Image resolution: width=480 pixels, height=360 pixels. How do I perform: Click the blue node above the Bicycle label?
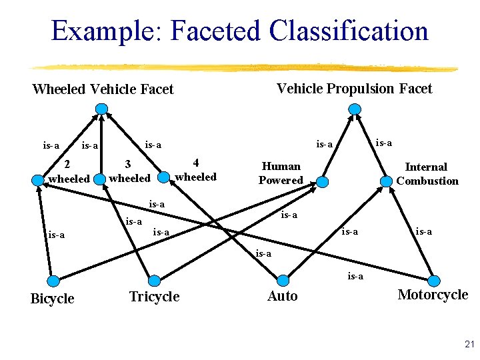[54, 281]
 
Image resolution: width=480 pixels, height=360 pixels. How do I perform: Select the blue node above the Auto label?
[283, 280]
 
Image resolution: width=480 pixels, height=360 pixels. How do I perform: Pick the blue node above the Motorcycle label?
[434, 281]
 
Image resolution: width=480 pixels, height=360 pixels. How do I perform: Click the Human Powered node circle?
[322, 181]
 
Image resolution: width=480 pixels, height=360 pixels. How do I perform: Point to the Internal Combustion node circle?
[387, 181]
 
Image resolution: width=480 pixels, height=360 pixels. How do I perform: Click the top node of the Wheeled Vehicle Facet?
[101, 109]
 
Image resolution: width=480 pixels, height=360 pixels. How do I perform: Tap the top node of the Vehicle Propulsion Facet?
[354, 109]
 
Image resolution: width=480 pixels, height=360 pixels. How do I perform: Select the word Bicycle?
[52, 299]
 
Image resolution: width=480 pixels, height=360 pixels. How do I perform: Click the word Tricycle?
[154, 297]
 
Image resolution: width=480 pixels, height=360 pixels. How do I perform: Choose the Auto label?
[282, 296]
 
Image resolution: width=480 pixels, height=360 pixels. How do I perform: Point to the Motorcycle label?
[433, 295]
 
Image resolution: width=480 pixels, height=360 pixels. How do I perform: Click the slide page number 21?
[469, 345]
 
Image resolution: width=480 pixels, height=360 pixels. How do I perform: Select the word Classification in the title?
[349, 31]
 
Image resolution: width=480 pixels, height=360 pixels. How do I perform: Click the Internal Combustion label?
[427, 173]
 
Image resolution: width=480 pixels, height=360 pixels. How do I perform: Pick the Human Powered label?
[281, 173]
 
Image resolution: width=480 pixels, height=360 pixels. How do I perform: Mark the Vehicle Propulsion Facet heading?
[354, 89]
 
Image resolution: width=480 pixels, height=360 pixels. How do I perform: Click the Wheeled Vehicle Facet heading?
[103, 89]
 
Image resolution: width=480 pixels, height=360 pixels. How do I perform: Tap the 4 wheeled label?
[195, 169]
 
